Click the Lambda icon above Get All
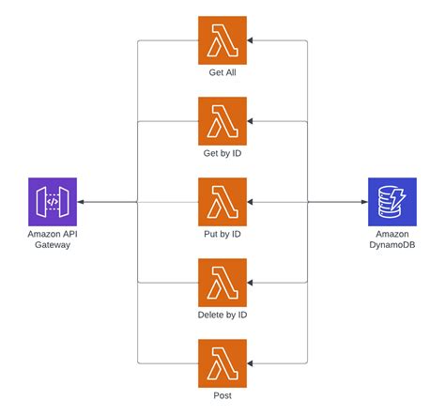pyautogui.click(x=222, y=40)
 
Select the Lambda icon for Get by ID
pyautogui.click(x=222, y=121)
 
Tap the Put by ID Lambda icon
pyautogui.click(x=222, y=202)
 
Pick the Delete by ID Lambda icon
pyautogui.click(x=222, y=283)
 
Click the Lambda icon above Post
pyautogui.click(x=222, y=363)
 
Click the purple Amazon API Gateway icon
pyautogui.click(x=53, y=202)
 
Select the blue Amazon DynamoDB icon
pyautogui.click(x=392, y=202)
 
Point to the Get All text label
pyautogui.click(x=222, y=72)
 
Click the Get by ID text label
pyautogui.click(x=222, y=153)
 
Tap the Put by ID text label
pyautogui.click(x=222, y=234)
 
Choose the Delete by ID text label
pyautogui.click(x=222, y=315)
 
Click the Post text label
pyautogui.click(x=222, y=395)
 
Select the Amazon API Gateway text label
pyautogui.click(x=53, y=239)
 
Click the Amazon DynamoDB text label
pyautogui.click(x=392, y=239)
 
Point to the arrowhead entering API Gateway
pyautogui.click(x=82, y=202)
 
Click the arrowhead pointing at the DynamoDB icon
pyautogui.click(x=363, y=202)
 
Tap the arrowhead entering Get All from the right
pyautogui.click(x=252, y=40)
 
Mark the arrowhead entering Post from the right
pyautogui.click(x=252, y=363)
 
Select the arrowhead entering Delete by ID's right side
pyautogui.click(x=252, y=283)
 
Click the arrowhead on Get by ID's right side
pyautogui.click(x=252, y=121)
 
